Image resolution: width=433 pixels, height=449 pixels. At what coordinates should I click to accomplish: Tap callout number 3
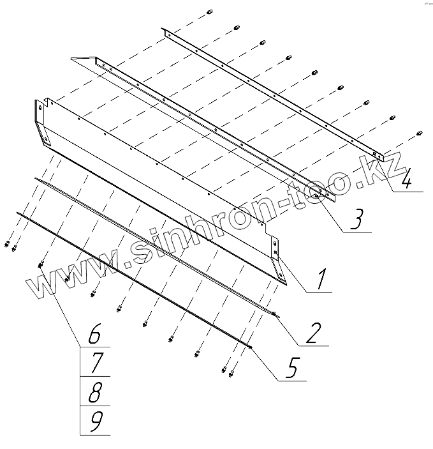tap(357, 219)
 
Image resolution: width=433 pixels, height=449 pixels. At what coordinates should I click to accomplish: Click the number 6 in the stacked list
tap(94, 333)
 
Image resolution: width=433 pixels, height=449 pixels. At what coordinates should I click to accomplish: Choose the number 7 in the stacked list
tap(94, 363)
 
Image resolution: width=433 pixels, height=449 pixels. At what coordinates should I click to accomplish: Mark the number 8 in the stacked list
tap(94, 392)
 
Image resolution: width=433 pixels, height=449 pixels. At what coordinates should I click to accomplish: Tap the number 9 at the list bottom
tap(94, 421)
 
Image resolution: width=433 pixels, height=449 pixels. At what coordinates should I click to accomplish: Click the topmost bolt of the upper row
tap(210, 13)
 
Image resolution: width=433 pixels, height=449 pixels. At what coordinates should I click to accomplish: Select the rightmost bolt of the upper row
tap(420, 133)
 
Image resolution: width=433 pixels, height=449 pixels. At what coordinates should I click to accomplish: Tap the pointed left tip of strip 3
tap(72, 59)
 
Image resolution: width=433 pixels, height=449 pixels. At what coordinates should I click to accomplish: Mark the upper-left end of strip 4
tap(165, 31)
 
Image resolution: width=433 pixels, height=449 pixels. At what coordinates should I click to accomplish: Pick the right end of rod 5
tap(251, 348)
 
